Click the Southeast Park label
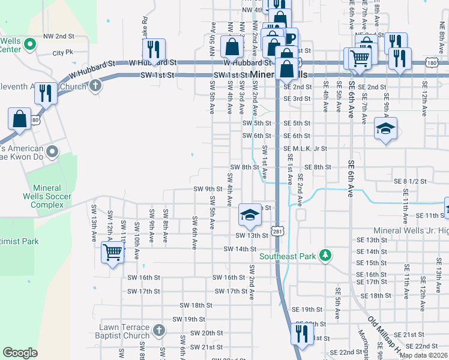click(287, 256)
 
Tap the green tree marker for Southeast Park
click(325, 256)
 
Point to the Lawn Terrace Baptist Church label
click(125, 331)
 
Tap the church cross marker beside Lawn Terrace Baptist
click(158, 331)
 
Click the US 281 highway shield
click(277, 231)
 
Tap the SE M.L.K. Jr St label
click(305, 149)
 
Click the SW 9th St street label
click(208, 189)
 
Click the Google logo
click(20, 353)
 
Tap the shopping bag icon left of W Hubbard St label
click(232, 46)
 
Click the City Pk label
click(62, 53)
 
